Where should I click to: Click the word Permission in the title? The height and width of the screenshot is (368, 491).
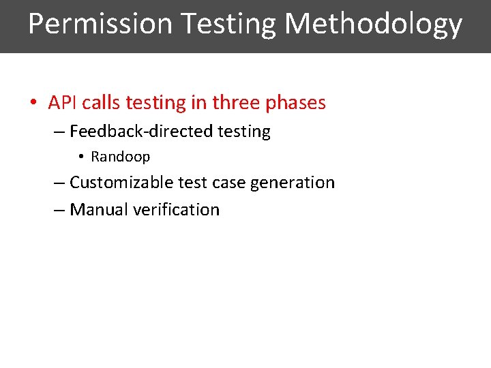point(101,24)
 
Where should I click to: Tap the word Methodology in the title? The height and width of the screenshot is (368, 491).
point(373,24)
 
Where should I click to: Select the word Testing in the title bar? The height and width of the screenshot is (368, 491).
point(228,24)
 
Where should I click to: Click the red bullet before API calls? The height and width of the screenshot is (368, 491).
point(33,104)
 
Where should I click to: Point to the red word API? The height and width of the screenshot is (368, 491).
point(62,103)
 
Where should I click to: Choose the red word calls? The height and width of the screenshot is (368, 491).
point(102,103)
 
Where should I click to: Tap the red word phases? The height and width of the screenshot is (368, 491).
point(295,104)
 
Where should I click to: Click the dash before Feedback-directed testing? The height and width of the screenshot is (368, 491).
point(59,132)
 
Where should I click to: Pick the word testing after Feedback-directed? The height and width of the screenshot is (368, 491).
point(244,132)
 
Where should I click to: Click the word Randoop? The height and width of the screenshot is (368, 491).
point(121,157)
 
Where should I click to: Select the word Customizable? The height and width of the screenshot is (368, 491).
point(121,183)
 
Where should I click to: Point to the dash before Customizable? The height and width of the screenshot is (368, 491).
point(59,183)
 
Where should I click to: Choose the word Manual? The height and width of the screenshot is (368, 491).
point(99,209)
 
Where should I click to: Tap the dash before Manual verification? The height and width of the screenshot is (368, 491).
point(59,210)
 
